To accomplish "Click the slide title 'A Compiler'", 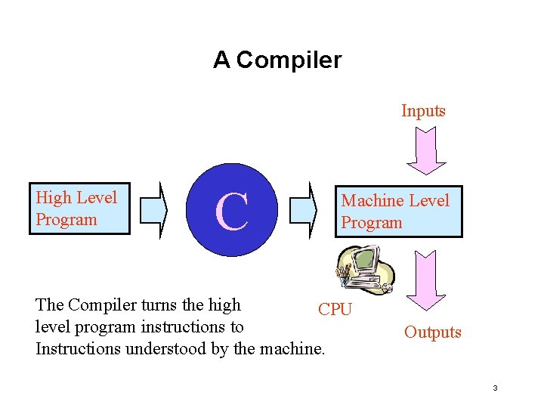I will point(277,60).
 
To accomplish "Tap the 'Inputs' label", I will point(423,111).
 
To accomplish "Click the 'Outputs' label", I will point(432,332).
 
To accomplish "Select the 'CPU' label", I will point(335,310).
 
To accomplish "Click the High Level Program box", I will point(79,209).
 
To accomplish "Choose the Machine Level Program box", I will point(398,212).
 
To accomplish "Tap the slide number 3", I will point(495,388).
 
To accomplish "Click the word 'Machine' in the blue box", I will point(370,201).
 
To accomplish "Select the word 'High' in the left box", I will point(54,198).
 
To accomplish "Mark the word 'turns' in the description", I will point(158,305).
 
